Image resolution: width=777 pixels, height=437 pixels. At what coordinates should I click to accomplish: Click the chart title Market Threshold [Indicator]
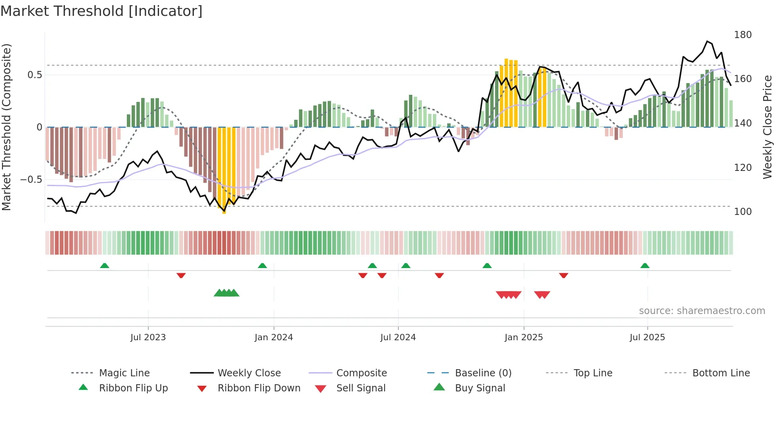point(101,11)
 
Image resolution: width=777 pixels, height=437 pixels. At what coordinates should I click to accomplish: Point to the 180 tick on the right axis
point(743,35)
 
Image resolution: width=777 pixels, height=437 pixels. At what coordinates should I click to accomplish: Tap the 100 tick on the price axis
point(743,212)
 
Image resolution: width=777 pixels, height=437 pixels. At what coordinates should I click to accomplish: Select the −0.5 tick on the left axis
point(31,180)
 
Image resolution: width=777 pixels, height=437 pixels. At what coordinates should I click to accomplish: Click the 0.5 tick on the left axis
point(34,75)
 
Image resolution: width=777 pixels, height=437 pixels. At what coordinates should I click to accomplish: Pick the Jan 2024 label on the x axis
point(274,337)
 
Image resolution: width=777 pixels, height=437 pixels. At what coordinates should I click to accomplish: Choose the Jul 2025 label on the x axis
point(647,337)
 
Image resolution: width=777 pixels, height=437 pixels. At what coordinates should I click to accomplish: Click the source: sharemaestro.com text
point(702,311)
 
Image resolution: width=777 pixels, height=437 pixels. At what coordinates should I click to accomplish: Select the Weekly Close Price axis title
point(767,127)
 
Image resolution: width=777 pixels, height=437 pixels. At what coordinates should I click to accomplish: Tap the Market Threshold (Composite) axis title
point(6,127)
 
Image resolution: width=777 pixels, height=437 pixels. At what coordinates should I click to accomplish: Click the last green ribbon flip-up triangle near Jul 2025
point(645,266)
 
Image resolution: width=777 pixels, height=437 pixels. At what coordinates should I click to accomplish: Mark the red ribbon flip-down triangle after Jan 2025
point(563,275)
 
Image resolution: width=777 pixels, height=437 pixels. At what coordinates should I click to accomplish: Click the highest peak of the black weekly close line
point(707,41)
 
